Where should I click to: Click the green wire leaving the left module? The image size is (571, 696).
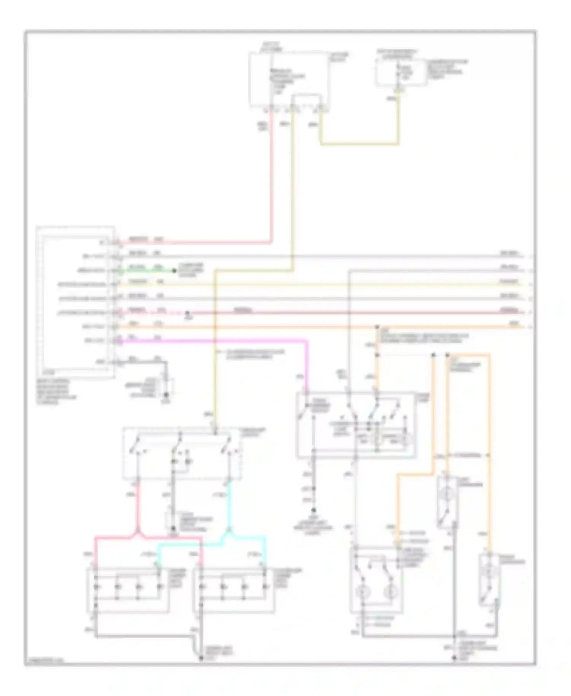pos(145,271)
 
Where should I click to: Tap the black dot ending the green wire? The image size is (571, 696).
pos(174,271)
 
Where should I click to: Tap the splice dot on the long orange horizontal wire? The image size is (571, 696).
pos(377,327)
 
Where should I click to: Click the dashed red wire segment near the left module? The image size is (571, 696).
pos(167,313)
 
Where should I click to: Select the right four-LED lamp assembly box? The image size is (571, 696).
pos(234,591)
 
